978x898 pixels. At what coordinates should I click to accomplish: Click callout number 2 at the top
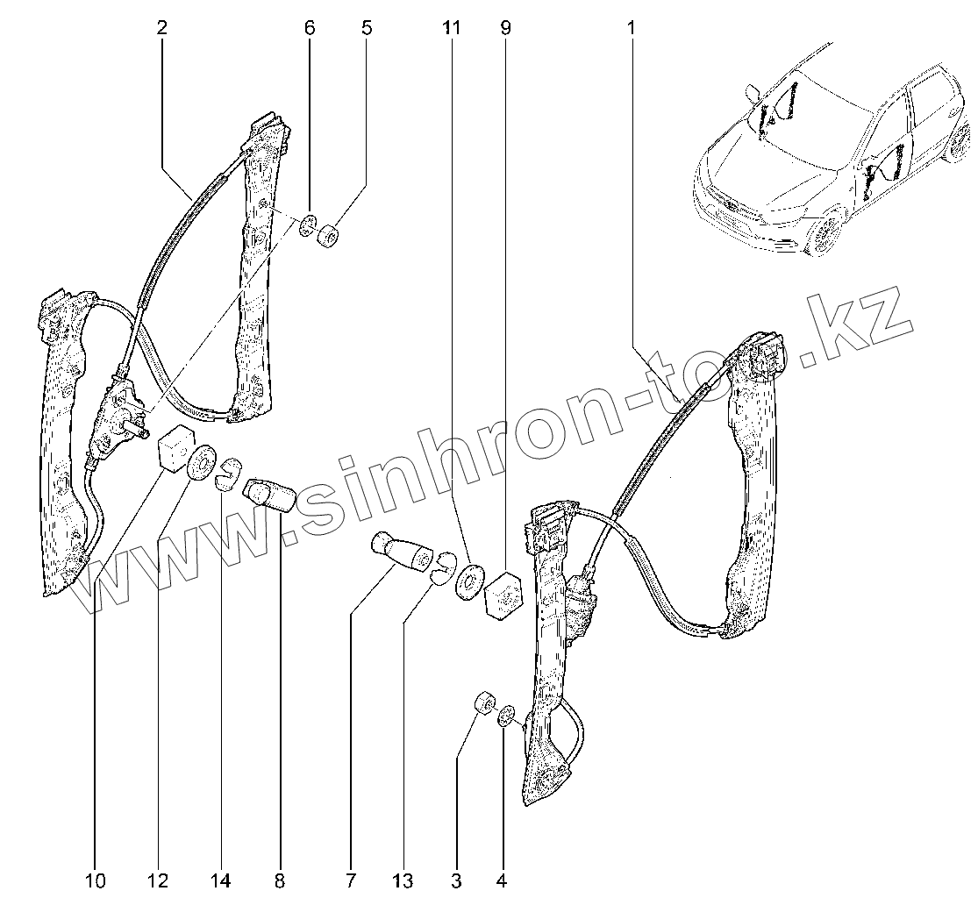pyautogui.click(x=161, y=28)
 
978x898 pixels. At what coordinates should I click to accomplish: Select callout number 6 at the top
pyautogui.click(x=309, y=28)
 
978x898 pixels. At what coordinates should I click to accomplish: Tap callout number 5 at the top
pyautogui.click(x=366, y=28)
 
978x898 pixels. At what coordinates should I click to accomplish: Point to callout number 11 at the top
pyautogui.click(x=451, y=28)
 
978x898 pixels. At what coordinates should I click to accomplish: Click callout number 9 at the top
pyautogui.click(x=505, y=28)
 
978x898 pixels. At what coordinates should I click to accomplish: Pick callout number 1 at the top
pyautogui.click(x=631, y=28)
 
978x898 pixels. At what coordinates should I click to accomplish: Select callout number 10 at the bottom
pyautogui.click(x=96, y=880)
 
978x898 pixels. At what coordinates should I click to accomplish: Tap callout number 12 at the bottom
pyautogui.click(x=159, y=880)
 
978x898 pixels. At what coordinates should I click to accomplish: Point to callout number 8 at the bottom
pyautogui.click(x=280, y=880)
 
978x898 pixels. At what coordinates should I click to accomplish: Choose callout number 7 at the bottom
pyautogui.click(x=350, y=880)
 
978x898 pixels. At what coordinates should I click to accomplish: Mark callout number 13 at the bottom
pyautogui.click(x=404, y=880)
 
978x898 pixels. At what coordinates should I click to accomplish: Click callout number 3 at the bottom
pyautogui.click(x=456, y=880)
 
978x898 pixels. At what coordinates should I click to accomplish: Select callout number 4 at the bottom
pyautogui.click(x=502, y=880)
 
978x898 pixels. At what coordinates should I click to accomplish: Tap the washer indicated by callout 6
pyautogui.click(x=307, y=225)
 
